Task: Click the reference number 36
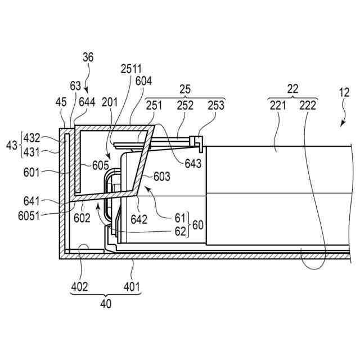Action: pyautogui.click(x=88, y=57)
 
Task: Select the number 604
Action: pyautogui.click(x=144, y=81)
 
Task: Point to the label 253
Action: pyautogui.click(x=215, y=105)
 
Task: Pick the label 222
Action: pyautogui.click(x=308, y=105)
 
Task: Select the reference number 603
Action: pyautogui.click(x=162, y=177)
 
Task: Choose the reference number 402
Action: pyautogui.click(x=79, y=287)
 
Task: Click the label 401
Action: pyautogui.click(x=133, y=287)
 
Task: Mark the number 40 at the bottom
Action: pyautogui.click(x=106, y=304)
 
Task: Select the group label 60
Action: pyautogui.click(x=198, y=224)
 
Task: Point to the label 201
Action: pyautogui.click(x=111, y=102)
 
